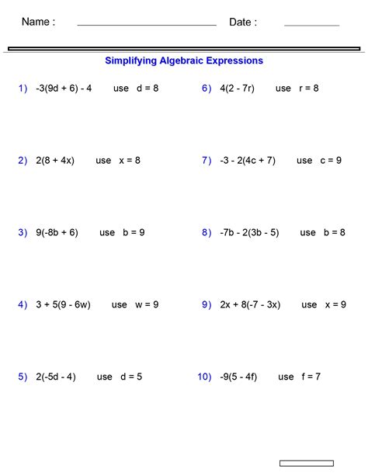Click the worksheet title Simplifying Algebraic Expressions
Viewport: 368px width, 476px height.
pyautogui.click(x=184, y=61)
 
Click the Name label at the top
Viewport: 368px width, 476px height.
pyautogui.click(x=38, y=23)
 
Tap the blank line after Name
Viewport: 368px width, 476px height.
pyautogui.click(x=147, y=25)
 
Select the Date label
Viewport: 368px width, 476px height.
pyautogui.click(x=243, y=23)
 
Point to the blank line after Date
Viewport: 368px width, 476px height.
pyautogui.click(x=311, y=25)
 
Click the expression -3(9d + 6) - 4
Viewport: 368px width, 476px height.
pyautogui.click(x=64, y=89)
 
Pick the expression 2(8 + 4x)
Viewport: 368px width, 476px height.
pyautogui.click(x=55, y=161)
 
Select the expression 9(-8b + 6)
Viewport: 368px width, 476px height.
pyautogui.click(x=57, y=233)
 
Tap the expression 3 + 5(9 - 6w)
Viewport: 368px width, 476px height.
pyautogui.click(x=63, y=305)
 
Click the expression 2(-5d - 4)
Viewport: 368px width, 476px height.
pyautogui.click(x=56, y=377)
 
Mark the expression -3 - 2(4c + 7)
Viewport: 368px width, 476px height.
pyautogui.click(x=248, y=161)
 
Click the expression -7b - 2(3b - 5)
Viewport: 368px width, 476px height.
pyautogui.click(x=249, y=233)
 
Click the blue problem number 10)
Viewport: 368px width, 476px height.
pyautogui.click(x=204, y=377)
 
